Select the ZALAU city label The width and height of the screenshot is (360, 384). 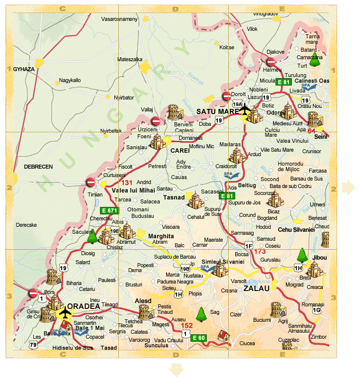[x=257, y=288]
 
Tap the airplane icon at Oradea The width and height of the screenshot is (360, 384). [x=65, y=313]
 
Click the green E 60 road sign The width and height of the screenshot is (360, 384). [x=199, y=338]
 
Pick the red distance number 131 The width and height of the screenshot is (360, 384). [x=127, y=183]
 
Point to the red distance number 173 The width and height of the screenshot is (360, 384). [x=260, y=252]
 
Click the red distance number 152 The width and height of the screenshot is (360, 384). [x=186, y=325]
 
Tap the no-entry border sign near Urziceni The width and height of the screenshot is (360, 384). [x=156, y=121]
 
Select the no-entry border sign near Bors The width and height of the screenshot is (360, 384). [x=33, y=293]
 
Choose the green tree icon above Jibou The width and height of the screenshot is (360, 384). [x=302, y=255]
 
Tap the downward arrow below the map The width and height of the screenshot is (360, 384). [x=176, y=371]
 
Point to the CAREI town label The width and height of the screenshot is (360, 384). [x=178, y=150]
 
